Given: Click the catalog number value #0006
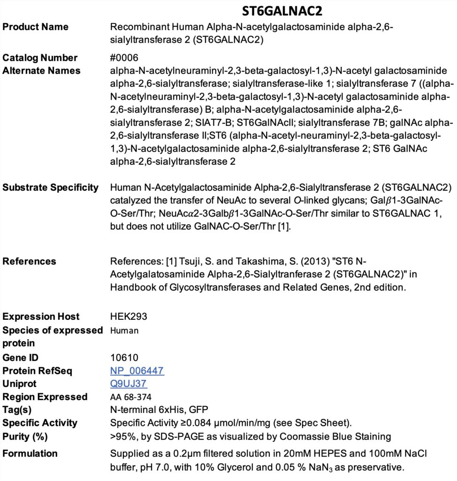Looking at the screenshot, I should click(124, 58).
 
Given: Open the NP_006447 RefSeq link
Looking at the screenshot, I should click(137, 371).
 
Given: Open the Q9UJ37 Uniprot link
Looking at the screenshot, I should click(129, 384).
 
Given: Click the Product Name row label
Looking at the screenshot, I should click(36, 26).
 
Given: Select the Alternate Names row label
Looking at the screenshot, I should click(42, 71).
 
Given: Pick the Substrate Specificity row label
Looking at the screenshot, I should click(51, 187).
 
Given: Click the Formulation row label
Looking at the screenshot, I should click(30, 453).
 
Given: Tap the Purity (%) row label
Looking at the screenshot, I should click(25, 436).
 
